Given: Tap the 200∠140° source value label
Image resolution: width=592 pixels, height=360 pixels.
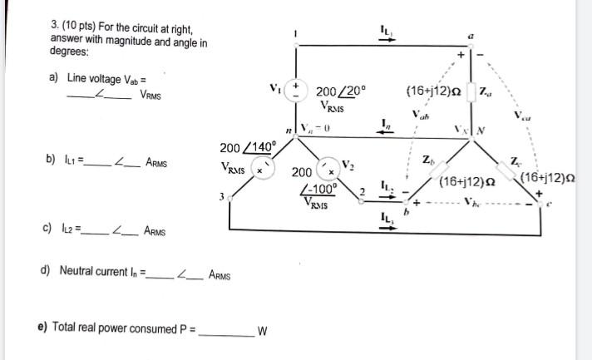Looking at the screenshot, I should coord(247,147).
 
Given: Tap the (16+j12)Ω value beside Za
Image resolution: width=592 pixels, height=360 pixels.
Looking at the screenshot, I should coord(432,90).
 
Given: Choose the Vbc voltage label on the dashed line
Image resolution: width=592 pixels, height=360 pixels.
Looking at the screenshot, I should coord(472,201).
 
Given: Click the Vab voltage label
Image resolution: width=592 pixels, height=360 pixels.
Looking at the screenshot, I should coord(419,115).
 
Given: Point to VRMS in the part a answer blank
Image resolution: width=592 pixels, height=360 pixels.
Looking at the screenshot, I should coord(150,95).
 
